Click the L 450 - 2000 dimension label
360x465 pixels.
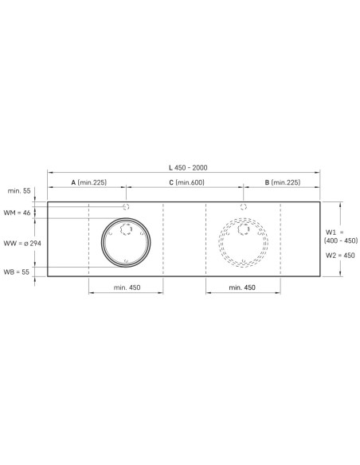(188, 167)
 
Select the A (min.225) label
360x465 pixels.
(88, 182)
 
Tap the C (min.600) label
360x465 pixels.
(187, 182)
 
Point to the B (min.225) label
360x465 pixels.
(283, 182)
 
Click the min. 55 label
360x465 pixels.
(19, 190)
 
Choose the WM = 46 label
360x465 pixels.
(17, 213)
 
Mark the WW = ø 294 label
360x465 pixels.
(22, 244)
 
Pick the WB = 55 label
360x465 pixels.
(16, 272)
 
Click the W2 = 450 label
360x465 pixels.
(340, 255)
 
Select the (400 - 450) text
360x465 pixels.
(341, 240)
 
